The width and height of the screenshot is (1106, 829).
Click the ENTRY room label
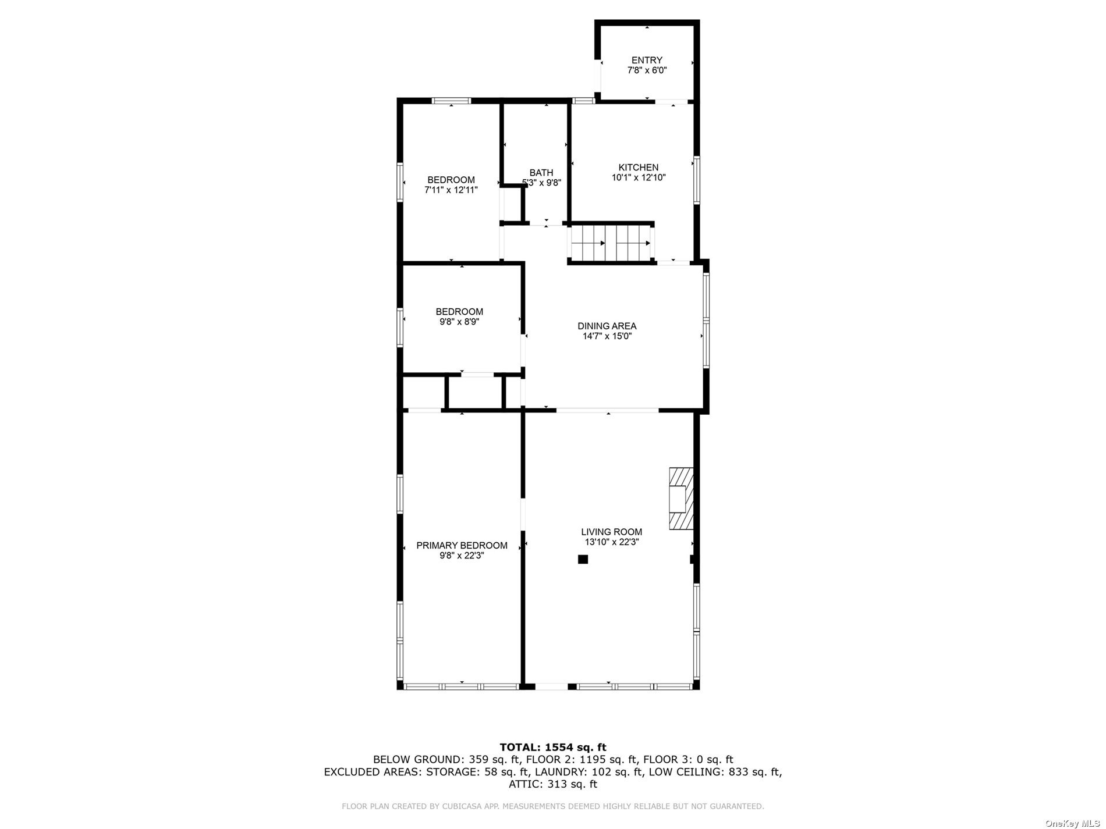[x=647, y=60]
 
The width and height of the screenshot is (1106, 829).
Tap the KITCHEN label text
[x=639, y=168]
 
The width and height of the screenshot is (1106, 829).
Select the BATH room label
[x=541, y=173]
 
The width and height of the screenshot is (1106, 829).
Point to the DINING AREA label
[x=607, y=326]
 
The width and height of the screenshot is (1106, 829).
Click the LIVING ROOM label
[x=612, y=532]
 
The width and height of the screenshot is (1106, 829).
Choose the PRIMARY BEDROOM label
[x=462, y=546]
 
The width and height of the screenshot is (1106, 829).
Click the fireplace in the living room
[x=681, y=498]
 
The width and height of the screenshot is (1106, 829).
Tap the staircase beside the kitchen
[x=611, y=243]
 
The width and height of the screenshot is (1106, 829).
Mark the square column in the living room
[x=583, y=560]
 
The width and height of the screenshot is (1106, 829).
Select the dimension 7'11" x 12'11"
[x=451, y=190]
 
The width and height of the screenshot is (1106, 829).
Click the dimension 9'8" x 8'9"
[x=459, y=321]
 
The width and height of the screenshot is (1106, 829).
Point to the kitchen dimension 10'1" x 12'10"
[x=639, y=177]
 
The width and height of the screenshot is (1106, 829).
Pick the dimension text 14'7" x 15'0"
[x=607, y=336]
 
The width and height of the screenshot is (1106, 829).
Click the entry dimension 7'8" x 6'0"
[x=647, y=70]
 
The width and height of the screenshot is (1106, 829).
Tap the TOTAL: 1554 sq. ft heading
[x=553, y=747]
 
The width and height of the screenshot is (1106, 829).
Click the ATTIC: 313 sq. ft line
[x=553, y=784]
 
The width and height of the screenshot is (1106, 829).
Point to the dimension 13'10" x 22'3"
[x=612, y=542]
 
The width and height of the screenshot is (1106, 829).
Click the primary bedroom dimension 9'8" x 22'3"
[x=462, y=556]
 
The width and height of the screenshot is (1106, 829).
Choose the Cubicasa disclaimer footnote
[x=553, y=806]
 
